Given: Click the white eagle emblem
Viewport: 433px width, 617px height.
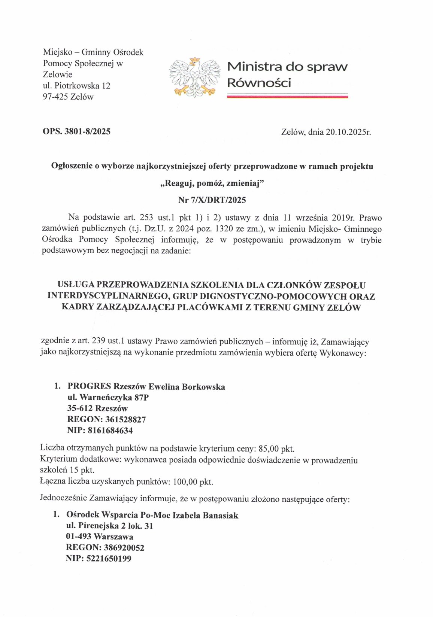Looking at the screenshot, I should tap(195, 77).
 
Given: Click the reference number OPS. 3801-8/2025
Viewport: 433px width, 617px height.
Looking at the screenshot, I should tap(76, 131).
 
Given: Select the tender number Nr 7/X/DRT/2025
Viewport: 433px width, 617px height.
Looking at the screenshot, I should tap(212, 200).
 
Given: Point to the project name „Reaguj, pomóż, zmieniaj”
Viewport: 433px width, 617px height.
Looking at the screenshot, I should tap(212, 183).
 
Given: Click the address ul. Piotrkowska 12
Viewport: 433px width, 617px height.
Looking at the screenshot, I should tap(76, 86).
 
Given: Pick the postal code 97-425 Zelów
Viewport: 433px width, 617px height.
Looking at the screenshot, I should tap(68, 97).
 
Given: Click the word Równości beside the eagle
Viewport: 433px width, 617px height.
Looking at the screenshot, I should tap(259, 83).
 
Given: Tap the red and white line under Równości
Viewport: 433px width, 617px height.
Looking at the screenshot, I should tap(287, 97).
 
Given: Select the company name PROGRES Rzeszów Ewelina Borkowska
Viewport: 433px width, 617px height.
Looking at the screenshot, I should tap(146, 387).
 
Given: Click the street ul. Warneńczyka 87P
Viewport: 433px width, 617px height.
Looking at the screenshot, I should tap(108, 398).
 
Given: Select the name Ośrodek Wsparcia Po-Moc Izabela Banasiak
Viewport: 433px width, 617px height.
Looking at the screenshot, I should tap(152, 516).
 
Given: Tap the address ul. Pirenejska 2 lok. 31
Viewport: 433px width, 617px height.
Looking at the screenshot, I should tap(109, 526).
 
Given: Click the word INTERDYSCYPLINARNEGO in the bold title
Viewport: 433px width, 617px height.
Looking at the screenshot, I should tap(108, 297).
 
